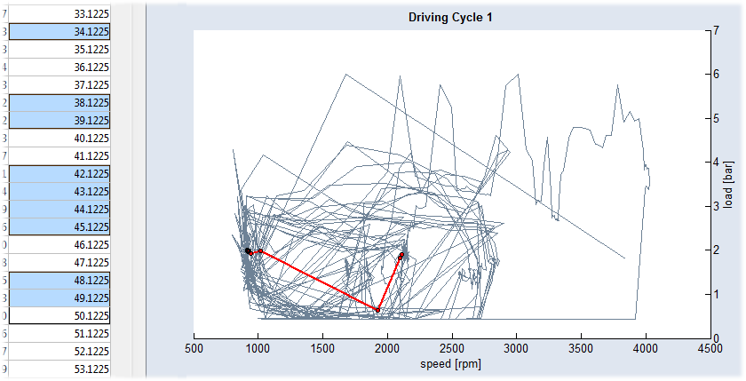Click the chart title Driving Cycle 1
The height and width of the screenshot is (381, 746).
pos(449,17)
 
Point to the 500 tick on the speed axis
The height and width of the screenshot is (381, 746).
pos(194,348)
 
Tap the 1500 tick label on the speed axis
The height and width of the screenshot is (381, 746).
pos(322,348)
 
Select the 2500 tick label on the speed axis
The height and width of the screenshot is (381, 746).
pos(451,348)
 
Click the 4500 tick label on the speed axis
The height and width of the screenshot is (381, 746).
pos(709,348)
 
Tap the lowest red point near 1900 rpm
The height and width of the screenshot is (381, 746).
pos(377,310)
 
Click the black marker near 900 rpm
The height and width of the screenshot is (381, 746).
pos(248,251)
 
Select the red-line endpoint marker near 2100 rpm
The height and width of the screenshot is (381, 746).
pos(401,256)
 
